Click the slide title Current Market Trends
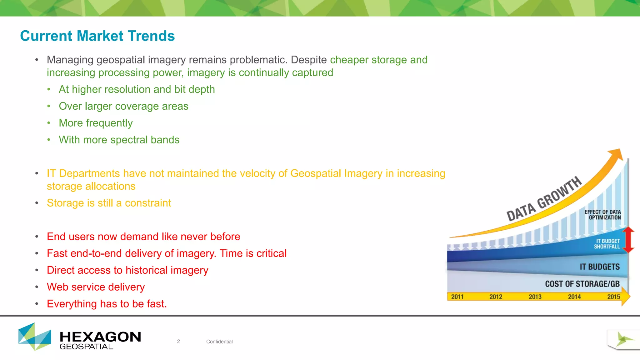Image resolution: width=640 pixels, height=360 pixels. point(97,36)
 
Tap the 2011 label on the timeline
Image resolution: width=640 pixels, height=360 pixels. point(457,297)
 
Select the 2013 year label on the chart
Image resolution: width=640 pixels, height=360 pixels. point(535,297)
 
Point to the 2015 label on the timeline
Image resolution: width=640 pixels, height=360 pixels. point(613,297)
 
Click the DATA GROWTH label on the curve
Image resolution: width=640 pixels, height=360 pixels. point(544,199)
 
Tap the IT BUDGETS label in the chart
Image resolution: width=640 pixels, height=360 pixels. point(599,267)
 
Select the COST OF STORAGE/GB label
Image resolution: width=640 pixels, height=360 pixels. point(582,284)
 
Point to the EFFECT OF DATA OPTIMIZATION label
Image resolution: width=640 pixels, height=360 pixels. point(603,215)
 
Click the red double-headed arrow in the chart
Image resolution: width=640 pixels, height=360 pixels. point(628,240)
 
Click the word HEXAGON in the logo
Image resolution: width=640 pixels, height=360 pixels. point(100,337)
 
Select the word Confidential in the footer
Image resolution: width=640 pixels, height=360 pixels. point(219,342)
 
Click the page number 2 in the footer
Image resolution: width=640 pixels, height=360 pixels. point(178,342)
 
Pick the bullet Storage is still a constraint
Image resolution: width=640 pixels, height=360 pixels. point(109,203)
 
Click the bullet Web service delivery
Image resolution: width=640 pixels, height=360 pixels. point(96,287)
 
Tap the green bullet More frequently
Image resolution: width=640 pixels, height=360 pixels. point(96,123)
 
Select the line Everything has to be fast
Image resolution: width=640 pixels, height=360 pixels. point(107,304)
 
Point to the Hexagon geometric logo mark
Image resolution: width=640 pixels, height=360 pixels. point(34,337)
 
